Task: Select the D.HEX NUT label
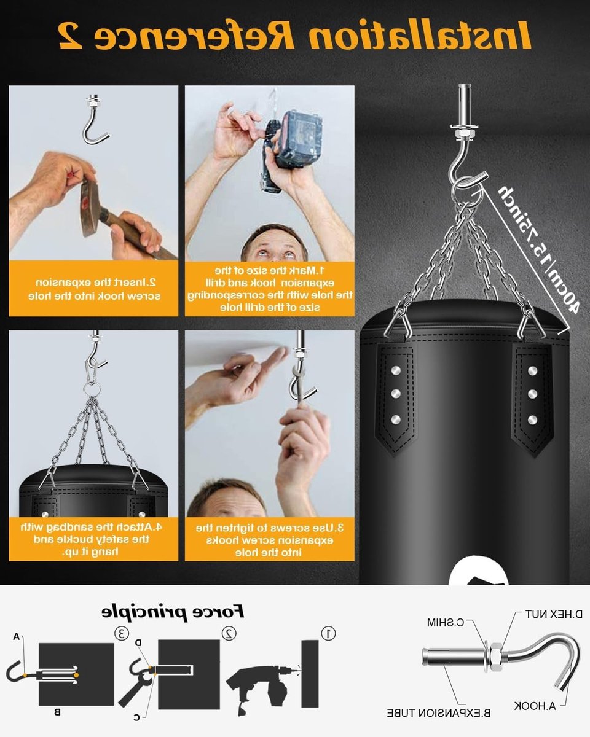(x=554, y=614)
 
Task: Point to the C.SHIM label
(x=446, y=622)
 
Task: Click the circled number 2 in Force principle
(x=229, y=633)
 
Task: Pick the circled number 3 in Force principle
(x=121, y=633)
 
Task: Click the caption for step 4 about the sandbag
(x=92, y=539)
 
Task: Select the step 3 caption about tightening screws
(x=269, y=540)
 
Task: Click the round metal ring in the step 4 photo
(x=92, y=389)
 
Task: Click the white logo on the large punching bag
(x=478, y=572)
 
